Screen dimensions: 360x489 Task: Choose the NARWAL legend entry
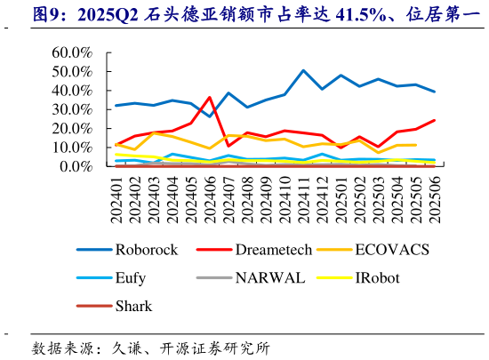(269, 278)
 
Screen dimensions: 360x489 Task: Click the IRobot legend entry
(377, 278)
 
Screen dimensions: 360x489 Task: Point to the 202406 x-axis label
(210, 195)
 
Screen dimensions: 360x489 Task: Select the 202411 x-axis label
(303, 195)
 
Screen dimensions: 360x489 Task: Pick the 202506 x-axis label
(433, 195)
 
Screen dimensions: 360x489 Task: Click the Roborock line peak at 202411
(303, 70)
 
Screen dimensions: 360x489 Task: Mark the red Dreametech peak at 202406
(210, 98)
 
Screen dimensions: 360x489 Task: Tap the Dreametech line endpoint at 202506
(434, 120)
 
